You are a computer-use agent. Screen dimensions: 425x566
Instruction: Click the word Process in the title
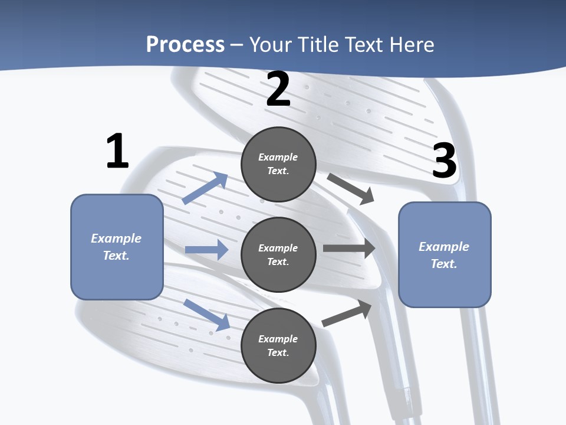185,44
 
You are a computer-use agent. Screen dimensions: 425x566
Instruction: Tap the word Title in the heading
315,44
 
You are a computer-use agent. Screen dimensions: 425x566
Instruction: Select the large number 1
117,152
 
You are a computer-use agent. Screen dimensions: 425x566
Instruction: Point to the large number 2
278,89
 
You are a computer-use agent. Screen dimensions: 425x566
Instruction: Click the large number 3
445,161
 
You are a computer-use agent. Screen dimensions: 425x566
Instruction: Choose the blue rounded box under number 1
117,247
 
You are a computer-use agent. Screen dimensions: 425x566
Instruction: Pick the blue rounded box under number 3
445,254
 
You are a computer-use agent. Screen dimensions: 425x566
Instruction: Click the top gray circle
278,164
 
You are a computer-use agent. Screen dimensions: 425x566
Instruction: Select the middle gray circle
278,254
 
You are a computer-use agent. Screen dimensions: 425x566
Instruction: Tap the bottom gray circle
278,345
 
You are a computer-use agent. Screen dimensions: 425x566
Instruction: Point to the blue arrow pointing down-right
206,315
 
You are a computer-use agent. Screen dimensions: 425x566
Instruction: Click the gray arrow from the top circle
351,189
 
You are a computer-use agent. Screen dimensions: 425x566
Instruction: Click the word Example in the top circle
278,158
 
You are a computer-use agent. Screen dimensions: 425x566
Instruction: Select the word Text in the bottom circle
277,352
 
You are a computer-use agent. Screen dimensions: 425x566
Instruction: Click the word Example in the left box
116,238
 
